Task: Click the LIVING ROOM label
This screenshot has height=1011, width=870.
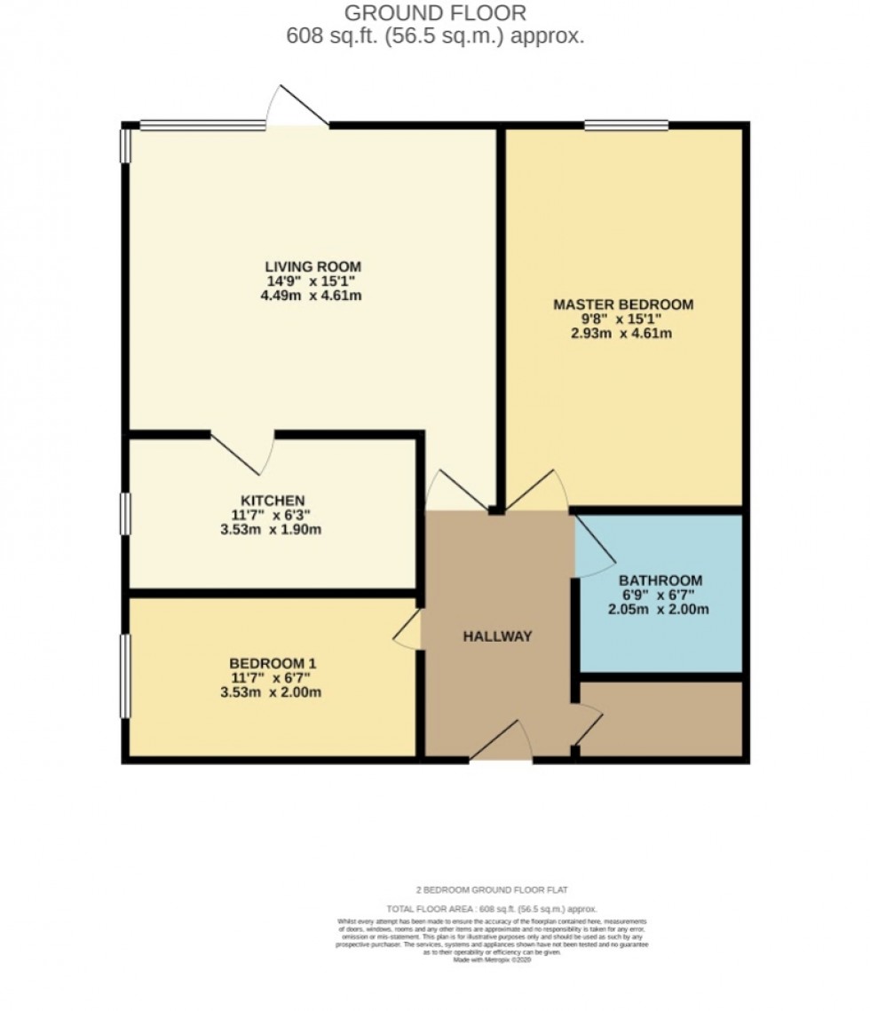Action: point(312,266)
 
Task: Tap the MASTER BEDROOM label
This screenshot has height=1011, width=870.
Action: point(623,304)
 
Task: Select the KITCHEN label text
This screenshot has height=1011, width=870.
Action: point(273,501)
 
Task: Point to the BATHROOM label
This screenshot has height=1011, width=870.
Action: point(660,581)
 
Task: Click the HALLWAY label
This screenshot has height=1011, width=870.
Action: point(497,636)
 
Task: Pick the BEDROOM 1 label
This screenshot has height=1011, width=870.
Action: point(273,663)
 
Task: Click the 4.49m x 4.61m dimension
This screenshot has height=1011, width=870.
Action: point(312,296)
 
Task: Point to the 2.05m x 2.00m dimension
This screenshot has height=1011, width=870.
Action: point(660,610)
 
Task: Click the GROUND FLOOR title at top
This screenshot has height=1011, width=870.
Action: point(435,13)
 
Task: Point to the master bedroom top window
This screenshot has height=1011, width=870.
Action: point(626,125)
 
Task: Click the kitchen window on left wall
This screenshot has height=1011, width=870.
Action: point(125,514)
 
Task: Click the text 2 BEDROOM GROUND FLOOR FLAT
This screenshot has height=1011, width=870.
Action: point(492,889)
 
